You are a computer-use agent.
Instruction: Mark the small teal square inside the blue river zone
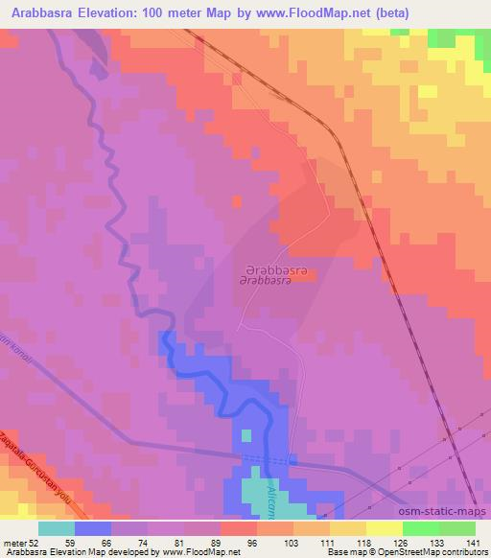pos(246,435)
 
